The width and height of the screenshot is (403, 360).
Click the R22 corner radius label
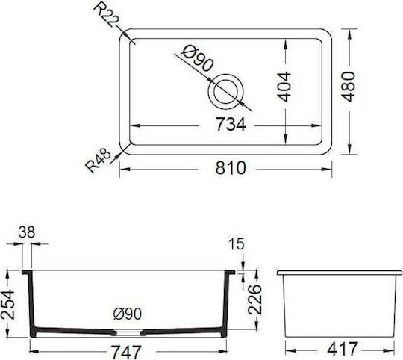[106, 15]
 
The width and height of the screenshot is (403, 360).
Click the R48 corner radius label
[99, 161]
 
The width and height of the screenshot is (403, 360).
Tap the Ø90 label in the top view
[197, 59]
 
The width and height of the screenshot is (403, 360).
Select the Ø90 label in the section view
[128, 314]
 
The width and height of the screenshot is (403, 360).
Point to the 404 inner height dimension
[284, 87]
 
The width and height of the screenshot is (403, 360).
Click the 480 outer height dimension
[349, 87]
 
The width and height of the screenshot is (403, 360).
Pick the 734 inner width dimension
[231, 124]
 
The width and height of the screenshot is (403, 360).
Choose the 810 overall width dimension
[231, 168]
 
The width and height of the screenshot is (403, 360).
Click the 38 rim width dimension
[27, 232]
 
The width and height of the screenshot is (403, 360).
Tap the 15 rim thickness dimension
[236, 244]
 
